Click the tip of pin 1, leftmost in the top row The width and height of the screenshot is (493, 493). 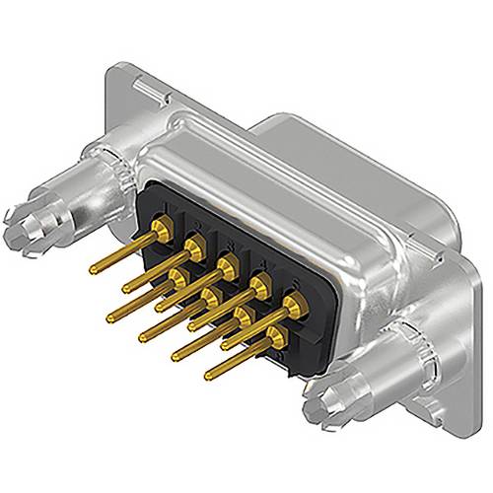point(92,268)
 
